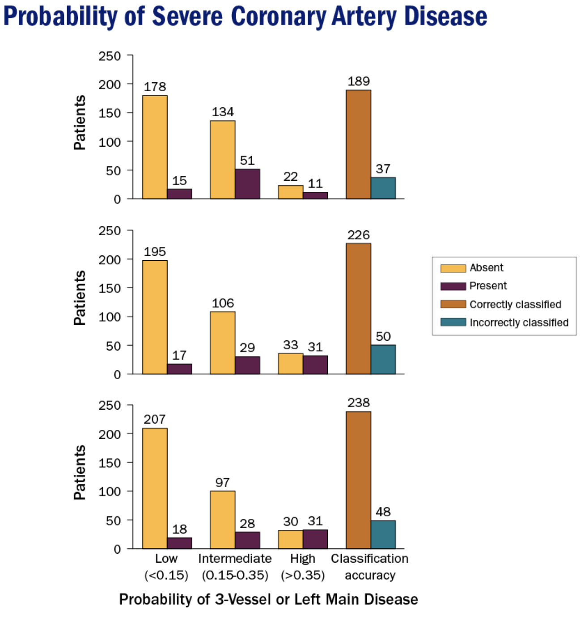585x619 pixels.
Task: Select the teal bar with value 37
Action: (383, 188)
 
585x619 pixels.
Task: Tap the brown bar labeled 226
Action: (358, 309)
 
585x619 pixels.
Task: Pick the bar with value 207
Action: (155, 488)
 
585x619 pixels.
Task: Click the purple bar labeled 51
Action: (247, 183)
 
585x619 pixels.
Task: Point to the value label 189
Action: (359, 81)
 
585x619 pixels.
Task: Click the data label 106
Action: (223, 303)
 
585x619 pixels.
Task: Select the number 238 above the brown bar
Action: (359, 403)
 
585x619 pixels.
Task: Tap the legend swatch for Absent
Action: (453, 268)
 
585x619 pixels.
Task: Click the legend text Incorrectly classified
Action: (519, 322)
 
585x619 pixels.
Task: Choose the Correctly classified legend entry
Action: (515, 304)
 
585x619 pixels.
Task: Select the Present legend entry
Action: (488, 286)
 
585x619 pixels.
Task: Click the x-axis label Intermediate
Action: (235, 559)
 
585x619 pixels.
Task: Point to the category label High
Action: (303, 559)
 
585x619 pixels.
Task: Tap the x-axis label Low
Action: (166, 559)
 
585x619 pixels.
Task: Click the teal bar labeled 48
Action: (383, 534)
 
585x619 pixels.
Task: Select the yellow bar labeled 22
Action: (290, 192)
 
